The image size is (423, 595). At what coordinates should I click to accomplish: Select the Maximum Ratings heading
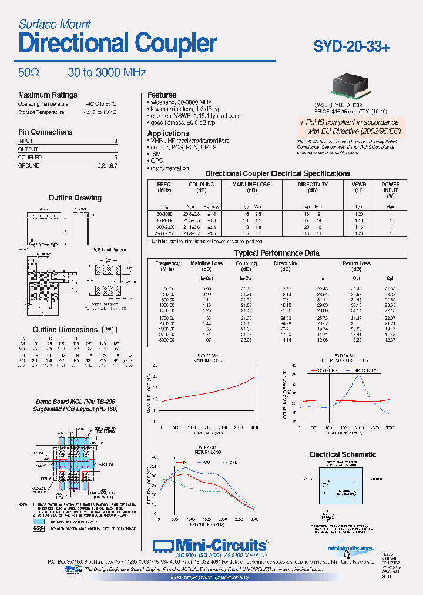pos(48,95)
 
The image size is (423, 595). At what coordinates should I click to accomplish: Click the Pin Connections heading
pos(45,132)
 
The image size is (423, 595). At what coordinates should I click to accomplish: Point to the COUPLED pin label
pos(30,158)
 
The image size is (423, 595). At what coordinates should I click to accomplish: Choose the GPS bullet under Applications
pos(157,160)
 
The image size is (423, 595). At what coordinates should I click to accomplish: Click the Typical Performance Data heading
pos(277,253)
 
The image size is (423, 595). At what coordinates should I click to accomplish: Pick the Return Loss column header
pos(356,264)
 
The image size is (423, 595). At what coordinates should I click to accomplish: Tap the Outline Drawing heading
pos(75,198)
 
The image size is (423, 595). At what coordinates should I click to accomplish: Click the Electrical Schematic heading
pos(343,454)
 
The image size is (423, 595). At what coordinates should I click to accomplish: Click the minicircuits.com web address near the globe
pos(350,549)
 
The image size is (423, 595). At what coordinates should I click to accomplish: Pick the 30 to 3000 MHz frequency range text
pos(106,73)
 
